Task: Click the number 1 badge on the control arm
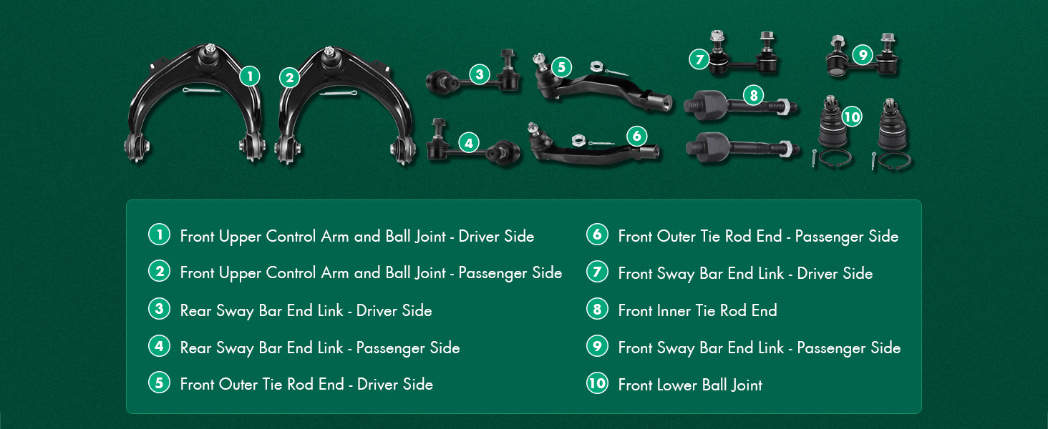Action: click(x=249, y=76)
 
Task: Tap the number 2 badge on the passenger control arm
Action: click(x=289, y=77)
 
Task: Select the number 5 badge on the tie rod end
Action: click(x=561, y=68)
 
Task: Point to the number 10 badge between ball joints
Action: click(x=851, y=117)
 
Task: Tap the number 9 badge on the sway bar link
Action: click(x=863, y=54)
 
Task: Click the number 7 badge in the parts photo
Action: click(x=699, y=59)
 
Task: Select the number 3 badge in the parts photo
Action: click(x=480, y=74)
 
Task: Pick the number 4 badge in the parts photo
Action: click(x=468, y=143)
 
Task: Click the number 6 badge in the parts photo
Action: click(x=636, y=136)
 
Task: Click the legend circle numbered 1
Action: click(x=159, y=235)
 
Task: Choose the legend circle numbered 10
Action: click(x=597, y=383)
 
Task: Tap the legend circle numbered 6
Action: click(x=597, y=235)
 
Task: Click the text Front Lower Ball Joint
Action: click(x=690, y=385)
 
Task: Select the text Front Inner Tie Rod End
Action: click(x=697, y=310)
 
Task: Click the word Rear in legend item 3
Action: click(x=195, y=310)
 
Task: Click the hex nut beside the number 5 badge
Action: click(x=596, y=66)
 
